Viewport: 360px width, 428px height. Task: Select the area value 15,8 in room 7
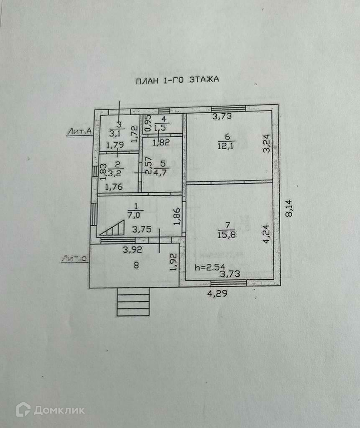click(227, 234)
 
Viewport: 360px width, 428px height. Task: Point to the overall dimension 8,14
click(289, 208)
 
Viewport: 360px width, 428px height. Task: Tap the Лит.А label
click(79, 131)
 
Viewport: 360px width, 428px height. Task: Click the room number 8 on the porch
click(135, 265)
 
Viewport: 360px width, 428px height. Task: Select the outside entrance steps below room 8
click(133, 302)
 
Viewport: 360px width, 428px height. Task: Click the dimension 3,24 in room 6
click(267, 143)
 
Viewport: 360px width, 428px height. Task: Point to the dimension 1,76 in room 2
click(114, 187)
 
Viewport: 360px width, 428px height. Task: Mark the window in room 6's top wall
click(228, 109)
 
